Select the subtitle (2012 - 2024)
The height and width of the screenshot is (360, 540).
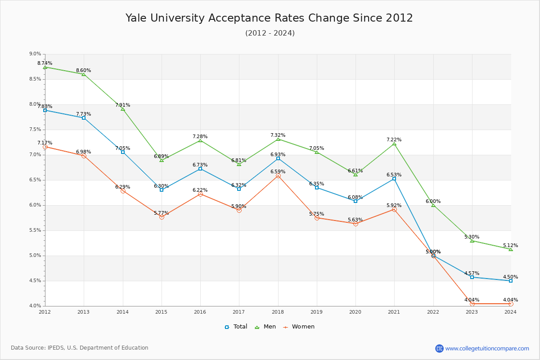[x=270, y=33]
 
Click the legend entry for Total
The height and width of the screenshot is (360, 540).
[x=236, y=327]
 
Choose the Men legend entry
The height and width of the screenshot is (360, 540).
[x=265, y=327]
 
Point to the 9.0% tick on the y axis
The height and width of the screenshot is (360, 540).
[x=35, y=54]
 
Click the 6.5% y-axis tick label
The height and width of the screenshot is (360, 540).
[x=35, y=180]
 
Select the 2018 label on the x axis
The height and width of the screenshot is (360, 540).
[x=278, y=311]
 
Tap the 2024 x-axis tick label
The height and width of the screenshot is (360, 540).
[x=510, y=311]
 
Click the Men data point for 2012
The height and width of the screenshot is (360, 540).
[x=45, y=67]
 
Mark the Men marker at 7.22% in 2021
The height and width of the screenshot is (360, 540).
[x=394, y=144]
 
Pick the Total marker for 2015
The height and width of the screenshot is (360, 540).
[x=162, y=190]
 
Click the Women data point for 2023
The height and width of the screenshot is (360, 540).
[x=472, y=304]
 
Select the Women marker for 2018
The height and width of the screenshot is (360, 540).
[x=278, y=175]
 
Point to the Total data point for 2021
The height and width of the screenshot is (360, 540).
[x=394, y=179]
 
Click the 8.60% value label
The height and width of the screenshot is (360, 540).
[x=83, y=71]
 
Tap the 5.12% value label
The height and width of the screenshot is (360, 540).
[x=510, y=246]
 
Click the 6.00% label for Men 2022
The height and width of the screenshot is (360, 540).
[x=433, y=202]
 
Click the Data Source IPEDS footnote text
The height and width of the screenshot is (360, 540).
[x=80, y=348]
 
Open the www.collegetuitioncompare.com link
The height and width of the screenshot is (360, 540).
[x=487, y=348]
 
